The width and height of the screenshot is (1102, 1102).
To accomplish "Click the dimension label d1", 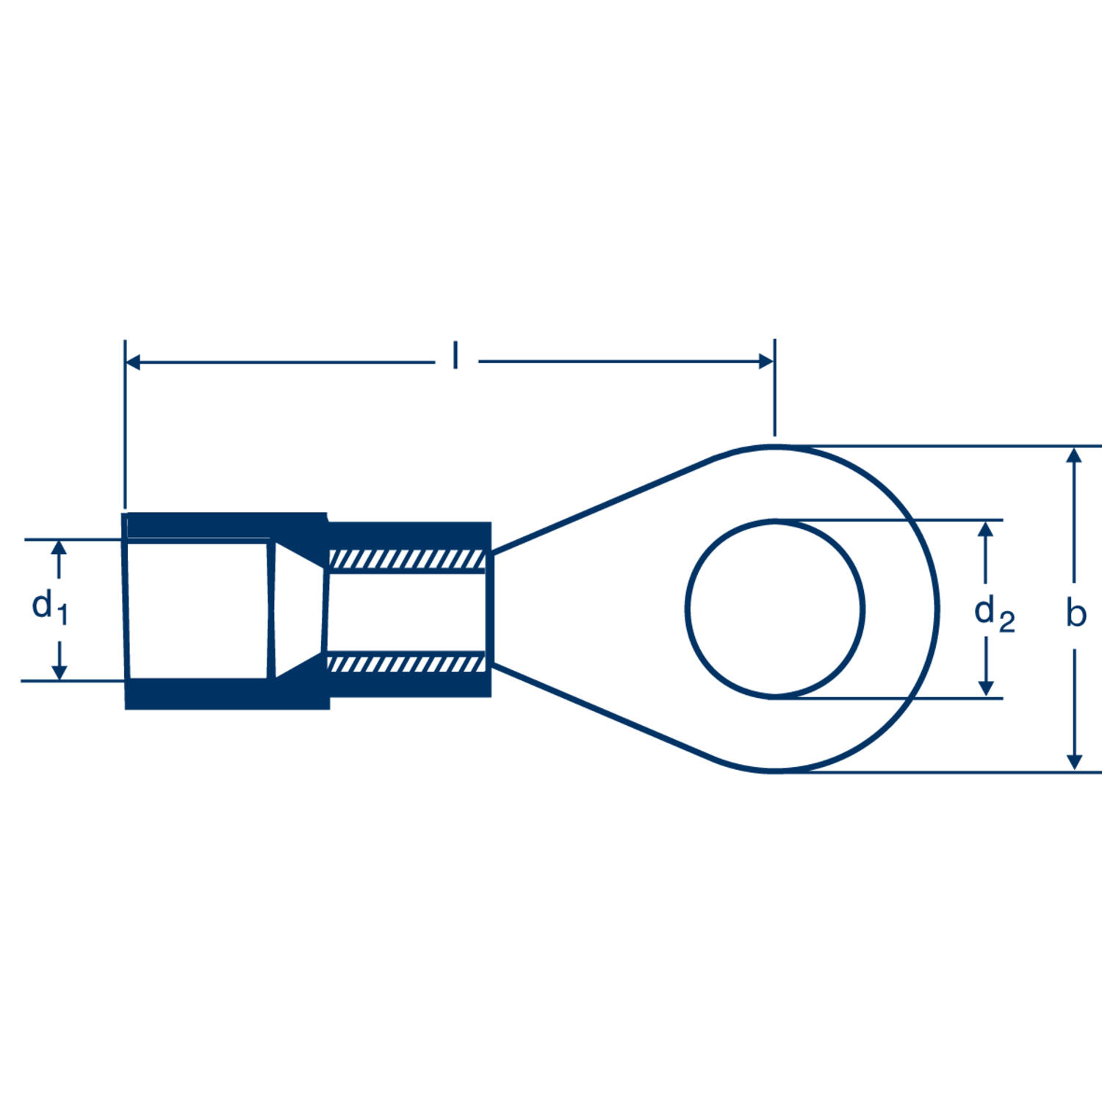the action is coord(50,608).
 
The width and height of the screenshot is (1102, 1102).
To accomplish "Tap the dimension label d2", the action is coord(995,614).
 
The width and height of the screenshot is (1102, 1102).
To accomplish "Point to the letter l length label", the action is coord(455,356).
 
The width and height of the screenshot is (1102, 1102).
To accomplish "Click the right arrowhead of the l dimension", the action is coord(766,361).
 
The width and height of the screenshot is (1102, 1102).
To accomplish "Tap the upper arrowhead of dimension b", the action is coord(1074,455).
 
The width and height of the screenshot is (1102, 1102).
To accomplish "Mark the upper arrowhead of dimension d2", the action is coord(987,529).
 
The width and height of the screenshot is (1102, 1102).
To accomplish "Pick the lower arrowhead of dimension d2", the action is coord(987,688).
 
